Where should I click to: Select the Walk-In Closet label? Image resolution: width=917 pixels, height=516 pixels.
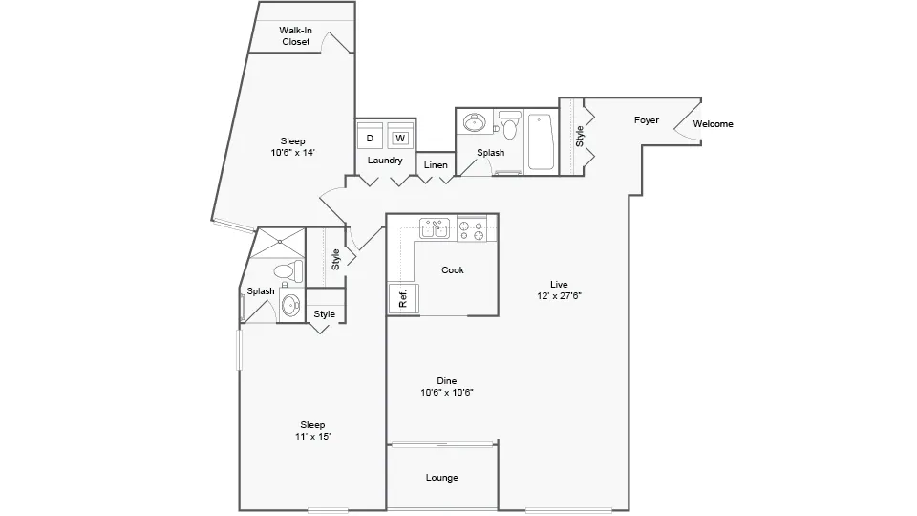[x=295, y=36]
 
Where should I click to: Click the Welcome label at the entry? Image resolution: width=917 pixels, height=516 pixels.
[x=713, y=124]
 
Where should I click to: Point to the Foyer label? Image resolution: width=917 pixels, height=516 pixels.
[x=647, y=120]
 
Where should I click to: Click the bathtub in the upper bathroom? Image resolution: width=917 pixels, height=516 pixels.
[x=541, y=141]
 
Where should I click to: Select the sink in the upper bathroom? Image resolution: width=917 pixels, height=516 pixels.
[x=474, y=123]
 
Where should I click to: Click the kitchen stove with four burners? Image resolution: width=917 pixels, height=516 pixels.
[x=472, y=229]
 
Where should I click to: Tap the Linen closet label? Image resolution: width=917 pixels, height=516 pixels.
[x=436, y=165]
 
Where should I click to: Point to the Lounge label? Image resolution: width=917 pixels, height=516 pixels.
[x=441, y=478]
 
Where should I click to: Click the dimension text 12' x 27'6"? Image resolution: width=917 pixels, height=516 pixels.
[x=559, y=296]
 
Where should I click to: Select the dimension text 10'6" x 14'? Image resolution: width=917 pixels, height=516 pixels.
[x=292, y=152]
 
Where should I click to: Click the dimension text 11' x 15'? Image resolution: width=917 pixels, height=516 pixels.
[x=312, y=437]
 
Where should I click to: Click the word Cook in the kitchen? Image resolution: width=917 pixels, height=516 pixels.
[x=453, y=270]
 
